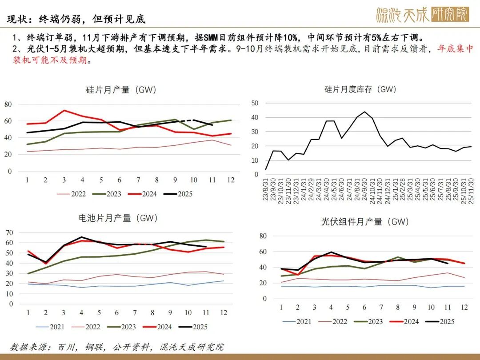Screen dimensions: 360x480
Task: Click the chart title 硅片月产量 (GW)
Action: pos(121,90)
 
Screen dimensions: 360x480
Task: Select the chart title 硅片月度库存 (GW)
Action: pos(360,89)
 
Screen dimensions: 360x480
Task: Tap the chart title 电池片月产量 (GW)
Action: pos(118,218)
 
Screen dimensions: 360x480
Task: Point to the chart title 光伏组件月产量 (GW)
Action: pos(365,221)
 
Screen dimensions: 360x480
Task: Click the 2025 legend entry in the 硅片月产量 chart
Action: pos(178,194)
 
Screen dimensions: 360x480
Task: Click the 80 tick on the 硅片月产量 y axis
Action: pos(8,104)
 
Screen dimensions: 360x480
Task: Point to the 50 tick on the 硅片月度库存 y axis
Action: pos(255,103)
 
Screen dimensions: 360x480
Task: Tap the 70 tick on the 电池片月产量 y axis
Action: pos(8,232)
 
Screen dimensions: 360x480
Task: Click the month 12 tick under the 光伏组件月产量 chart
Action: pos(464,308)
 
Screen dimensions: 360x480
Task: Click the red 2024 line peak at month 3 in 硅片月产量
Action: pos(64,110)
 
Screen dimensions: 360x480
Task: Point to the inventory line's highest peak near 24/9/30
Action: pos(364,112)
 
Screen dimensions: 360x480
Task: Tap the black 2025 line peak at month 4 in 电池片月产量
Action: pos(81,237)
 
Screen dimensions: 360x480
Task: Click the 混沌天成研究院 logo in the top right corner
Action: pos(422,15)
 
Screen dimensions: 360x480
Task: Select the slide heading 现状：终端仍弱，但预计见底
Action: pos(76,20)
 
